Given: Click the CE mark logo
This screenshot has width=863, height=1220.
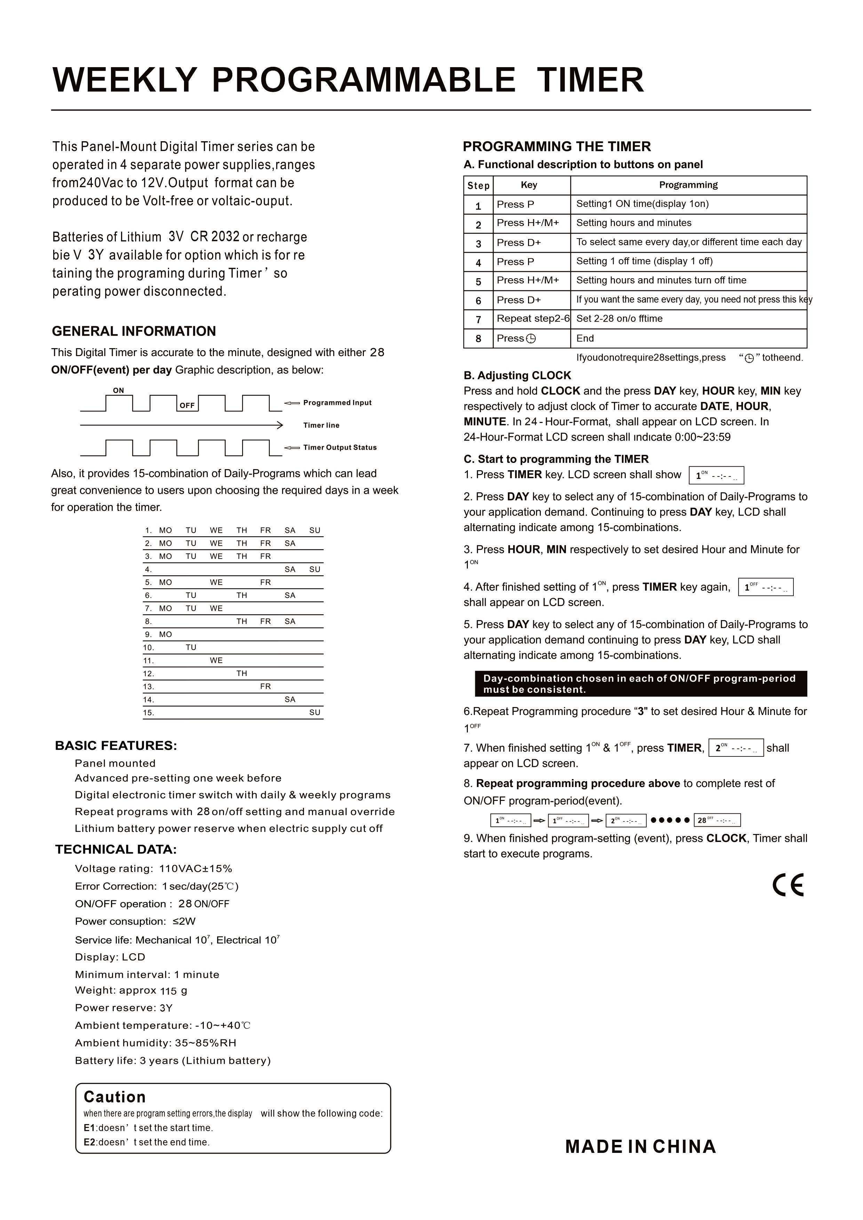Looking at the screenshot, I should (788, 885).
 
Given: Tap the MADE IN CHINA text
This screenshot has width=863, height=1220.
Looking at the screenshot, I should (640, 1147).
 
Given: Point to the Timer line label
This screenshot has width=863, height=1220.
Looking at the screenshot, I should (321, 425).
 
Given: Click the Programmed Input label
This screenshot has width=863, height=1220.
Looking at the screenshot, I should (337, 403).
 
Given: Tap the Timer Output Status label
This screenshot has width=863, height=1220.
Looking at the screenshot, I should (339, 447).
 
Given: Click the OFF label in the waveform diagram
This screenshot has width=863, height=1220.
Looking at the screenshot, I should (187, 406).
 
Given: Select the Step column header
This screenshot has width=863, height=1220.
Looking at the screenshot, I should (478, 185).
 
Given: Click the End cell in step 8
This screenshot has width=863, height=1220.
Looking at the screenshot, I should (585, 338).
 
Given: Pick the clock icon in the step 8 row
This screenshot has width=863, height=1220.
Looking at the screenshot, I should (530, 338).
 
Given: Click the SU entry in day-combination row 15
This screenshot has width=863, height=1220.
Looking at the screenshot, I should (314, 713).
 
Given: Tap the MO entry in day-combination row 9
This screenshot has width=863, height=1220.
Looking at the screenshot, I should (165, 634).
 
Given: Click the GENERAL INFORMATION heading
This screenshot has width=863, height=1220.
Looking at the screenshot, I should (134, 331).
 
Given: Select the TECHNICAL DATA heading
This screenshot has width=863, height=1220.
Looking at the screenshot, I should (116, 849).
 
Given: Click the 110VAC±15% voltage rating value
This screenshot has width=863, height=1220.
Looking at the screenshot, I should (195, 869).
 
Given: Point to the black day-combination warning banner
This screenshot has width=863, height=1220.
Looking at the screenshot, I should (640, 684).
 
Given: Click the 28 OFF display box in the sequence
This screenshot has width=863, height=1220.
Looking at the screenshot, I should (717, 820).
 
